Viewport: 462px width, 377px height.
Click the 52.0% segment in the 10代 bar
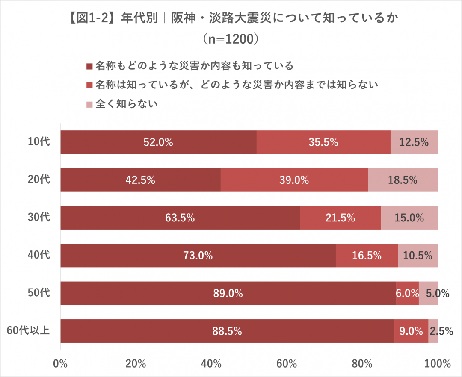coord(158,142)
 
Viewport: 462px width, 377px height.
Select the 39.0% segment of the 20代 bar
coord(294,180)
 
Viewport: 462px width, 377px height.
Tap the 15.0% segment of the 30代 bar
coord(409,218)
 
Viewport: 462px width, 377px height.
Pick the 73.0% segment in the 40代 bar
coord(198,256)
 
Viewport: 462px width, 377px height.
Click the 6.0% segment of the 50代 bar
coord(407,293)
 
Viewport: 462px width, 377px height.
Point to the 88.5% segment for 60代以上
coord(227,331)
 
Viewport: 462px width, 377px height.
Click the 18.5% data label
coord(403,180)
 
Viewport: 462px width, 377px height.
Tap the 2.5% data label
coord(441,331)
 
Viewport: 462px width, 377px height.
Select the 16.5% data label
coord(367,256)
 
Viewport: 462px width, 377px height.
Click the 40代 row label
coord(39,256)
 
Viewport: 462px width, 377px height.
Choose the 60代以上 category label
coord(29,331)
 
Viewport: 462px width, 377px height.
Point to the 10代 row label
coord(39,142)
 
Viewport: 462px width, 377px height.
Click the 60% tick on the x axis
coord(287,364)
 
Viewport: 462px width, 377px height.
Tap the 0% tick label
coord(60,364)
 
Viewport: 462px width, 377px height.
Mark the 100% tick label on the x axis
coord(437,364)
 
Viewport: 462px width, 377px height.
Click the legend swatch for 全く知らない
coord(89,104)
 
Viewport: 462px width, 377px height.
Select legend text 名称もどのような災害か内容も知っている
coord(194,66)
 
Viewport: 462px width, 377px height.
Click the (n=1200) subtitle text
coord(231,39)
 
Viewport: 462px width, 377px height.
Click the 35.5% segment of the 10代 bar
coord(323,142)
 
